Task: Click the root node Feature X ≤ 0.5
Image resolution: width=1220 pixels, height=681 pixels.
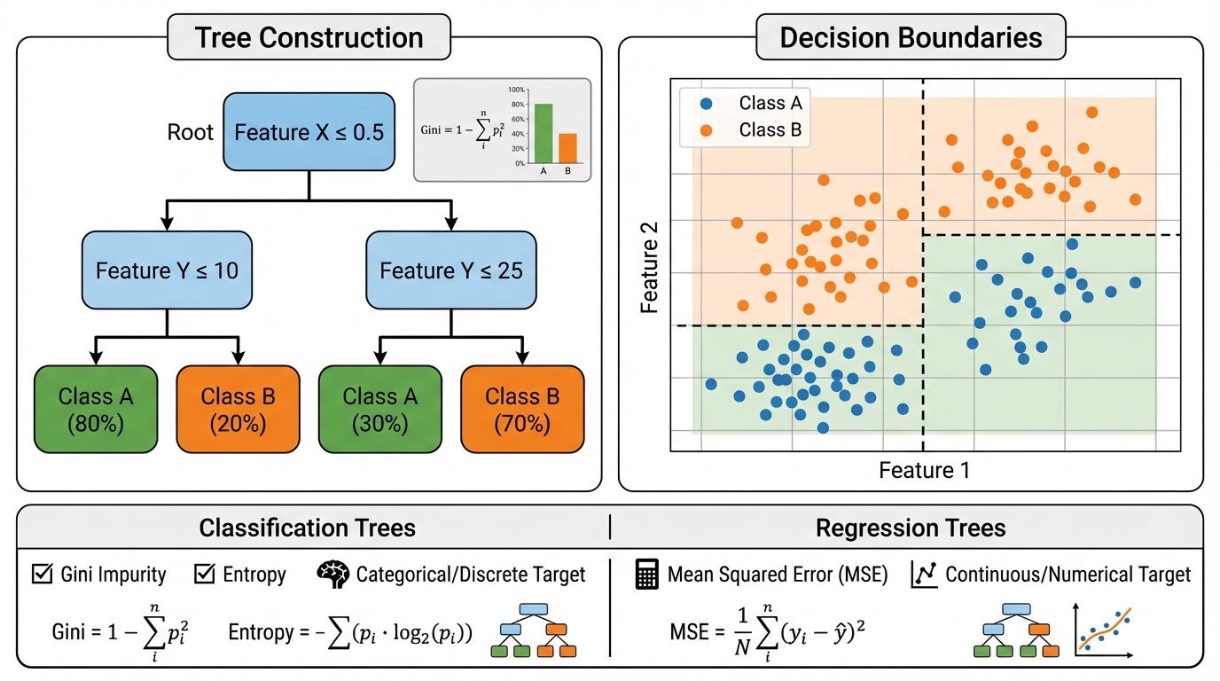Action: click(309, 132)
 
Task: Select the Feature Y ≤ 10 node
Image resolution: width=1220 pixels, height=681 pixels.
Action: click(167, 270)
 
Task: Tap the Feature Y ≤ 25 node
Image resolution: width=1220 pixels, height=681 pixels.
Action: click(451, 270)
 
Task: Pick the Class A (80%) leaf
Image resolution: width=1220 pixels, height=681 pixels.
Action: click(96, 409)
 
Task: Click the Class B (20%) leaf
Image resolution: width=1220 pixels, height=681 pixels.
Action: click(238, 409)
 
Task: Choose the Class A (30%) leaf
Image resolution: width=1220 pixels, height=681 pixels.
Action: click(379, 409)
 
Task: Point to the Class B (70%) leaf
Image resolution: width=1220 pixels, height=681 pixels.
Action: click(522, 409)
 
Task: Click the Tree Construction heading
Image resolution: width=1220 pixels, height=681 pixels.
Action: click(309, 38)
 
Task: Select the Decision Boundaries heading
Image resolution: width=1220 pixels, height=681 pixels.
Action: click(911, 38)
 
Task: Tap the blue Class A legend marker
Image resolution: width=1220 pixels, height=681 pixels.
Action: click(706, 103)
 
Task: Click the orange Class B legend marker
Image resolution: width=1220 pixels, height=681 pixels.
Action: click(706, 130)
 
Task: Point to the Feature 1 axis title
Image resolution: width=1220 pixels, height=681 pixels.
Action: click(924, 470)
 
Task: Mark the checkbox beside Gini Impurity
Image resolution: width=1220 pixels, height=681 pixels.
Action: click(41, 575)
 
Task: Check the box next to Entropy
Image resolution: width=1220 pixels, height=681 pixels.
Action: click(204, 575)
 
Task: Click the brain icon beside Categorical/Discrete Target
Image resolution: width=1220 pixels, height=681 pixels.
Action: click(332, 575)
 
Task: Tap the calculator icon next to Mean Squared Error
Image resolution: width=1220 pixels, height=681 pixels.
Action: click(648, 575)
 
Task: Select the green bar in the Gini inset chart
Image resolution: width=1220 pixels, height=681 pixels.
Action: click(543, 133)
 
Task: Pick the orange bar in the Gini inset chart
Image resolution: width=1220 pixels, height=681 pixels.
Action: click(567, 148)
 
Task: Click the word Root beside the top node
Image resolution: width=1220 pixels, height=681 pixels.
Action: click(191, 133)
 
